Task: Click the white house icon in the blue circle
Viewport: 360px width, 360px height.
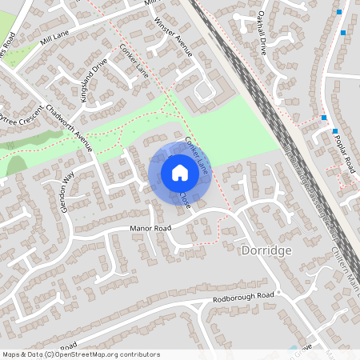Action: coord(180,172)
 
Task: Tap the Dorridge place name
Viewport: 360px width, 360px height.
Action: coord(266,250)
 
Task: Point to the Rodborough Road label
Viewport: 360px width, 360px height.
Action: coord(243,297)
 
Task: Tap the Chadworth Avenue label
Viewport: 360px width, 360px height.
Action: coord(70,128)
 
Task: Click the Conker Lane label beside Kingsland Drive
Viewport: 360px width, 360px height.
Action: coord(134,59)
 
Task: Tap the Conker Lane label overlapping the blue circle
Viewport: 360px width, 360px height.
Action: coord(197,155)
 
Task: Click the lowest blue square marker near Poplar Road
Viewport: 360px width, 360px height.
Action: coord(334,131)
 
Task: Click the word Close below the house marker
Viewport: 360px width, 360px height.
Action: coord(185,200)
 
